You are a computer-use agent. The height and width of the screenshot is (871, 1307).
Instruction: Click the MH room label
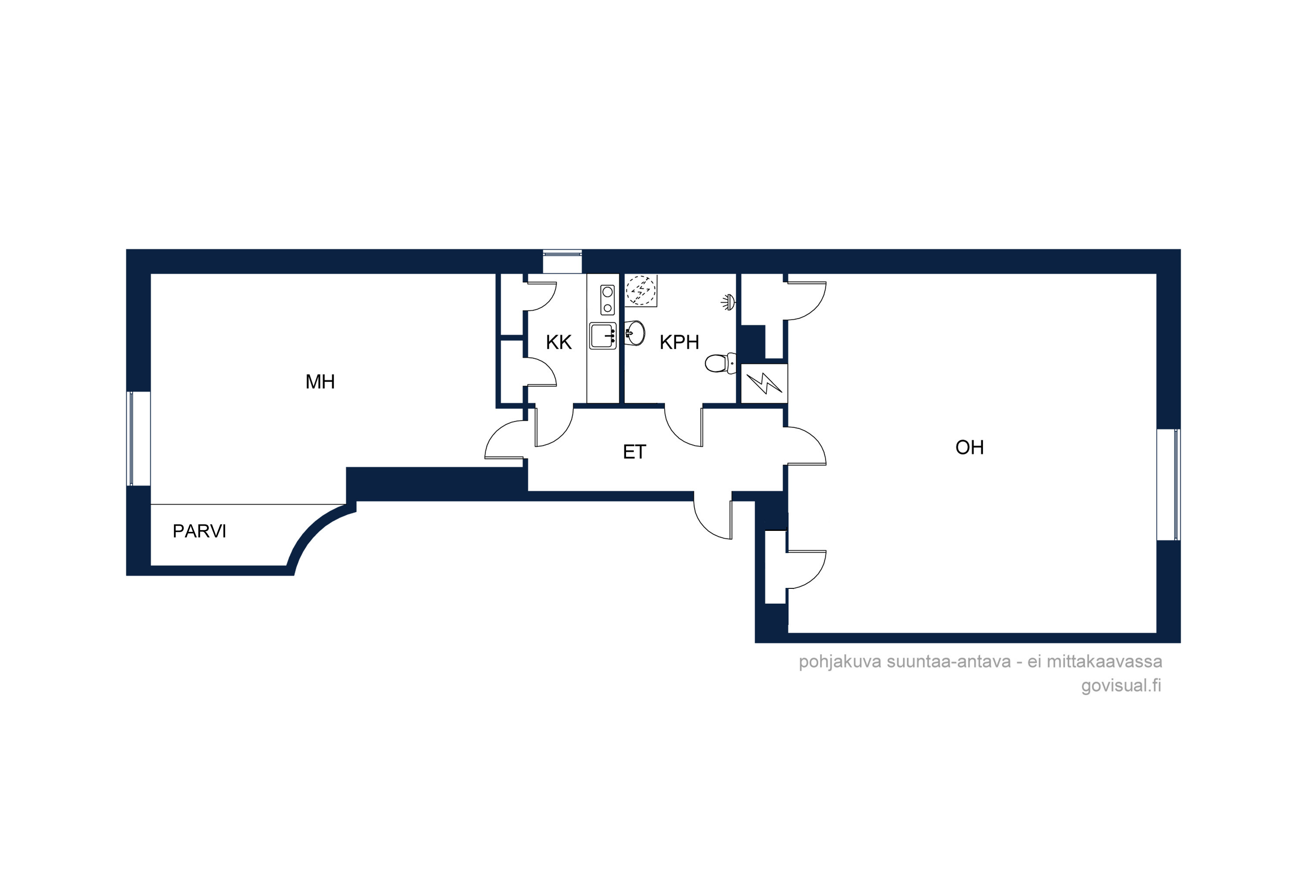pyautogui.click(x=320, y=381)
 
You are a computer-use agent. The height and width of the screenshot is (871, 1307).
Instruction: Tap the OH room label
pyautogui.click(x=970, y=447)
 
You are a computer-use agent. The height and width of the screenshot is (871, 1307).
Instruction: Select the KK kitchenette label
pyautogui.click(x=559, y=342)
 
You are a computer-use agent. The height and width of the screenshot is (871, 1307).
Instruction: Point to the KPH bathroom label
pyautogui.click(x=679, y=342)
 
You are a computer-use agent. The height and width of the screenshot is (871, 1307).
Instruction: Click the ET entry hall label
pyautogui.click(x=635, y=452)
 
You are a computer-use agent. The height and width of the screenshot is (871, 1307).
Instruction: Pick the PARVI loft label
pyautogui.click(x=200, y=531)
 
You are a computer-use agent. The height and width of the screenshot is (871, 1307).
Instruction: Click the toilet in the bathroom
pyautogui.click(x=721, y=363)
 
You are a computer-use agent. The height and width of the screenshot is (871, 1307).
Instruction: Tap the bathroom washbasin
pyautogui.click(x=635, y=333)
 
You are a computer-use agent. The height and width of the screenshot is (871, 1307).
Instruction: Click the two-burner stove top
pyautogui.click(x=607, y=300)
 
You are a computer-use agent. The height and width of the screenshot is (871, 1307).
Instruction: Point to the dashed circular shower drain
pyautogui.click(x=641, y=290)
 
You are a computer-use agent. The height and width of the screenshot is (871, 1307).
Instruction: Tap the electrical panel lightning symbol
pyautogui.click(x=764, y=383)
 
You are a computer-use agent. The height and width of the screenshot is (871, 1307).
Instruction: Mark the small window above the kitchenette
pyautogui.click(x=562, y=261)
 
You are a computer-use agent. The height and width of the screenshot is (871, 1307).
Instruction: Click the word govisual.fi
pyautogui.click(x=1121, y=685)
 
